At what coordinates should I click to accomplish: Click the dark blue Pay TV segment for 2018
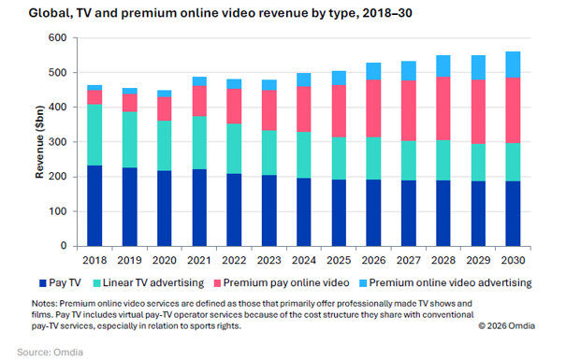pos(94,206)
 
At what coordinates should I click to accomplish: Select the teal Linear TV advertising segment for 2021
pos(199,143)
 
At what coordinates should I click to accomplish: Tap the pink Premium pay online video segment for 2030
pos(513,110)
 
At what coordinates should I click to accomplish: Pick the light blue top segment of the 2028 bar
pos(443,66)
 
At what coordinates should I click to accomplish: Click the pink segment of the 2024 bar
pos(304,109)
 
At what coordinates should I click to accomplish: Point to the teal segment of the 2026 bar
pos(373,158)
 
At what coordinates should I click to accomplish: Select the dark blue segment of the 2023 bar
pos(269,210)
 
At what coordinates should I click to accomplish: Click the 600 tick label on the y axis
pos(58,38)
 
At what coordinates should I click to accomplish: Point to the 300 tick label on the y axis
pos(58,142)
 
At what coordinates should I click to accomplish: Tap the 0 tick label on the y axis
pos(64,246)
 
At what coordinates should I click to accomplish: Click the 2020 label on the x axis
pos(165,261)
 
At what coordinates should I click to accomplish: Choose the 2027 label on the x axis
pos(409,261)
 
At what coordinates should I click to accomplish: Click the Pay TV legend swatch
pos(43,283)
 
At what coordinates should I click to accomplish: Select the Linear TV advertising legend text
pos(153,282)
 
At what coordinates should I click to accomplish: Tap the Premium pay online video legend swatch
pos(217,283)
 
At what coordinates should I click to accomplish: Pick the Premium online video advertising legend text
pos(451,282)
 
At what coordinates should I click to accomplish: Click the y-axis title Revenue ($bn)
pos(39,142)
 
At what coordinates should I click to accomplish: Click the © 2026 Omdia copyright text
pos(507,326)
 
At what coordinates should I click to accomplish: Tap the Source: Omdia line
pos(51,353)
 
